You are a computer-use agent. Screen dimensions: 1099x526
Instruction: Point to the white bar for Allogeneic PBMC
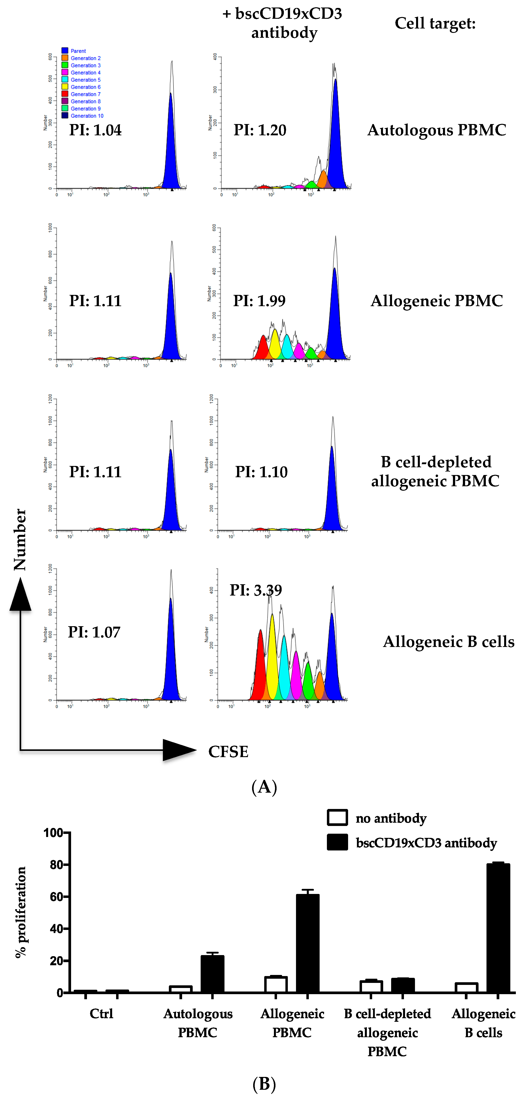click(x=276, y=984)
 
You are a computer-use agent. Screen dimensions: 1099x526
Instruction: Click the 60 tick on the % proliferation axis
click(x=57, y=897)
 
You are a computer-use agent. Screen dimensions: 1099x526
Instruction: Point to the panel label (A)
click(x=264, y=786)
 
